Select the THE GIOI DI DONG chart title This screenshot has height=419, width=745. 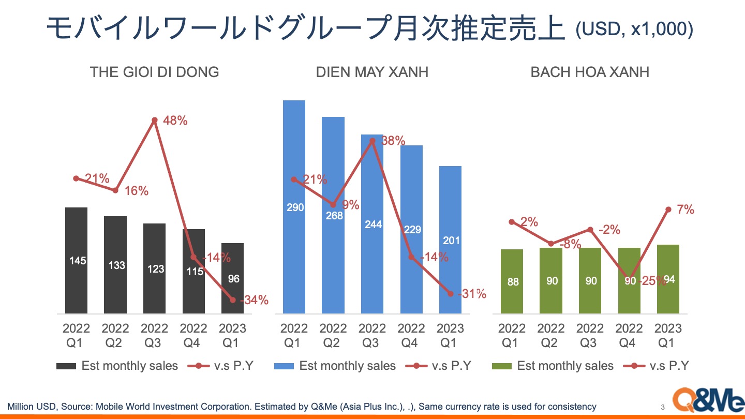(154, 71)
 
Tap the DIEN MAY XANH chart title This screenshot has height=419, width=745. (372, 71)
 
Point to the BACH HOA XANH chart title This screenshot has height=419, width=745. (590, 71)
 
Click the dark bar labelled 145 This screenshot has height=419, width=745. (77, 261)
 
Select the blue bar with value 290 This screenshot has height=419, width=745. (294, 207)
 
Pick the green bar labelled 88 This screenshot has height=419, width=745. (512, 281)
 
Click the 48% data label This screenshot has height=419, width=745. (175, 121)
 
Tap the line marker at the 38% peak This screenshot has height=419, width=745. (372, 139)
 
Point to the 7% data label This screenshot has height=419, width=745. (686, 209)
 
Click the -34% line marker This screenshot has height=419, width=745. (233, 300)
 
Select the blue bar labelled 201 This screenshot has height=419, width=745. (450, 240)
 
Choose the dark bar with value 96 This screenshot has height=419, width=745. (233, 278)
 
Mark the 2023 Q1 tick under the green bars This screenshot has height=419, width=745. (668, 335)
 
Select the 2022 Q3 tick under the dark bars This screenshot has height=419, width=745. (154, 335)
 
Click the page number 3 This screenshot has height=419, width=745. (663, 406)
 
